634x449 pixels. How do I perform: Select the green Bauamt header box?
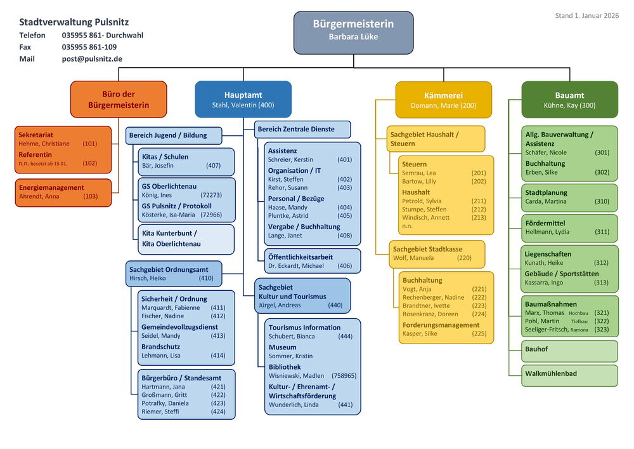tap(569, 100)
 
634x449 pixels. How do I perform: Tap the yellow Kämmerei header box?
tap(443, 100)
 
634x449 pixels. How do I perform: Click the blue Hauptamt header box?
tap(243, 100)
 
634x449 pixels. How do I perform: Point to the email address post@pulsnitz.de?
tap(92, 58)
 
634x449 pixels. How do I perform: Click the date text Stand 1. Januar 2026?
tap(587, 15)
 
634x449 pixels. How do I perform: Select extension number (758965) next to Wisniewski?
tap(344, 376)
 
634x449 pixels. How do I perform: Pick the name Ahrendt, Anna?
tap(39, 197)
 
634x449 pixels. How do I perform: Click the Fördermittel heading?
tap(545, 223)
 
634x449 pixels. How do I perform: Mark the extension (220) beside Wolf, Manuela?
tap(464, 258)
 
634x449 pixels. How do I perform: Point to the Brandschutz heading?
tap(160, 347)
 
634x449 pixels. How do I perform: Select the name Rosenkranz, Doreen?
tap(430, 314)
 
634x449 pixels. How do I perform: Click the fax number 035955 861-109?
tap(89, 47)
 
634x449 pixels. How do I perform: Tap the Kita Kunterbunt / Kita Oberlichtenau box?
tap(186, 239)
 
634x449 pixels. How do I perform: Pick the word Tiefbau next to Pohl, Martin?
tap(579, 321)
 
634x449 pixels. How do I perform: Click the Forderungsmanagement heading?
tap(441, 325)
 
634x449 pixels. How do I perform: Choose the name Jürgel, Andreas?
tap(280, 305)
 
